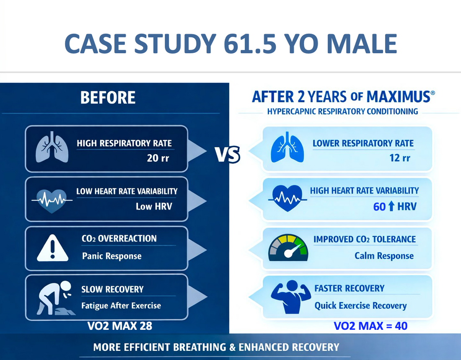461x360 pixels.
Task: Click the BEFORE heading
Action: (x=108, y=98)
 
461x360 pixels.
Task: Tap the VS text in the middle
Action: (x=228, y=154)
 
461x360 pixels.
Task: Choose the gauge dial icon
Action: (x=288, y=248)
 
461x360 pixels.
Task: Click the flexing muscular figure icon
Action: (x=288, y=297)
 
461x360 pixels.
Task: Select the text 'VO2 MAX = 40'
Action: (x=370, y=326)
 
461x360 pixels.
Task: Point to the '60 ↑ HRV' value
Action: (x=394, y=206)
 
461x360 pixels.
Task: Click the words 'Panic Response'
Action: (x=111, y=256)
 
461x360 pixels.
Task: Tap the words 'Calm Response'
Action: (x=384, y=256)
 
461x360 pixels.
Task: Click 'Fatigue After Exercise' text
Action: (x=121, y=305)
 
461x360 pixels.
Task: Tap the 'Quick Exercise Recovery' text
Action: (x=360, y=305)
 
